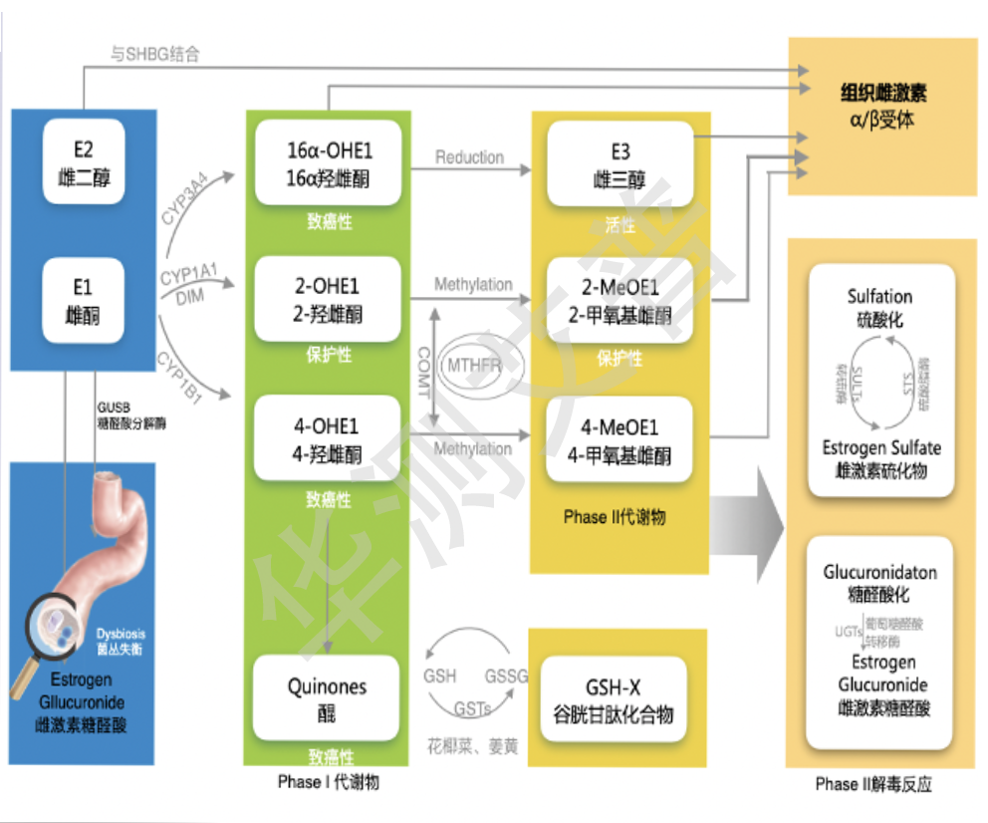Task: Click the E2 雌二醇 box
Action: tap(84, 162)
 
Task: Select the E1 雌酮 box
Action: tap(84, 300)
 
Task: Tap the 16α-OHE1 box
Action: tap(329, 163)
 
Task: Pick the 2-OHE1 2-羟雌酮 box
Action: tap(329, 299)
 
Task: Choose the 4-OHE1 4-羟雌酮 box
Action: tap(329, 439)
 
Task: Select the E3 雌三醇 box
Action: tap(620, 164)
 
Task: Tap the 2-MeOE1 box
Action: tap(619, 301)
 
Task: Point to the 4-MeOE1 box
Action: tap(619, 440)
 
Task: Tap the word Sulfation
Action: tap(879, 296)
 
